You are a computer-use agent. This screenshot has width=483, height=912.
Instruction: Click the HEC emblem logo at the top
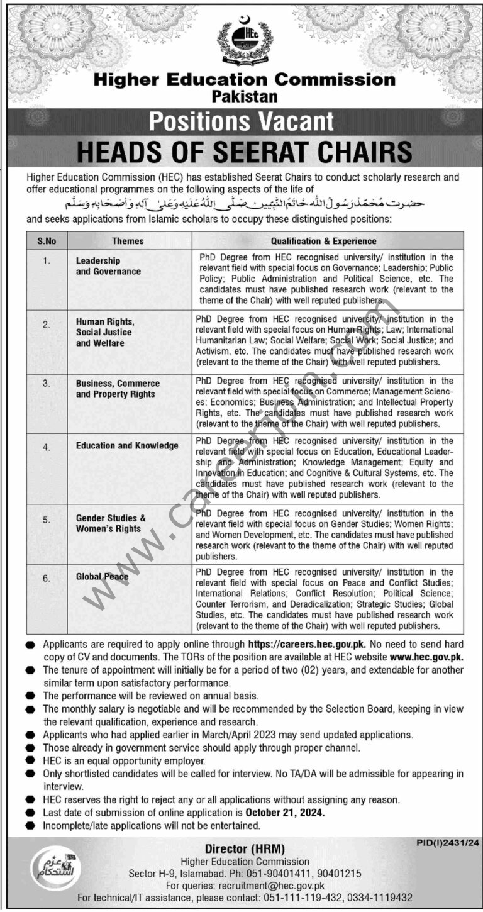[x=245, y=40]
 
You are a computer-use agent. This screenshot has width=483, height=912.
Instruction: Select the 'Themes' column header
[x=128, y=240]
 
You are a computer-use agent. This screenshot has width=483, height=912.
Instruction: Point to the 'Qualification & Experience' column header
[x=324, y=240]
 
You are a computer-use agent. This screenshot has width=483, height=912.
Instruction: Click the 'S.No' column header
[x=47, y=240]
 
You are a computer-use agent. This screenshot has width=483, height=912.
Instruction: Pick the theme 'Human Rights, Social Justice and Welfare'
[x=104, y=332]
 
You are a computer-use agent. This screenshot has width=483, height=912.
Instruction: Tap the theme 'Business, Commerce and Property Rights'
[x=118, y=389]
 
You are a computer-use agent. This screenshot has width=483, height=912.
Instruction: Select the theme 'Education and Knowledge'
[x=127, y=445]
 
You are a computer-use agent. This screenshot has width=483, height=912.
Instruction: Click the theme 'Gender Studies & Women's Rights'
[x=111, y=523]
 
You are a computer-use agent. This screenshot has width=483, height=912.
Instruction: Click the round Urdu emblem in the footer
[x=48, y=867]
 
